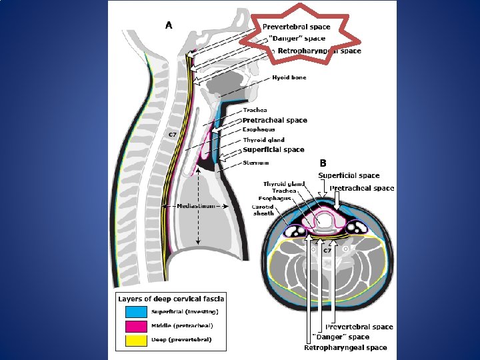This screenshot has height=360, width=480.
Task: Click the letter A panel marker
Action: [169, 25]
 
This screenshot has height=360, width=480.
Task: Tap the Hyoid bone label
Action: [289, 78]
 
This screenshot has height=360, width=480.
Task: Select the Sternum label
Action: [256, 162]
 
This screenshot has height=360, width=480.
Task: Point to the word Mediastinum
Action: [196, 207]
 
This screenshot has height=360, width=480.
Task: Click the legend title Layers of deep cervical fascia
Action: [171, 298]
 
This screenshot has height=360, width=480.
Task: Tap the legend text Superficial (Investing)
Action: [184, 311]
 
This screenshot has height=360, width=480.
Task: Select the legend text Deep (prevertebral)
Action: [182, 339]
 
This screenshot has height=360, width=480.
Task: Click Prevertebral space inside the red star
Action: [301, 27]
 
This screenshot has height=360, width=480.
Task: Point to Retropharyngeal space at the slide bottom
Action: [345, 347]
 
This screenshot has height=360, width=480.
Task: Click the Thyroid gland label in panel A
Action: [264, 140]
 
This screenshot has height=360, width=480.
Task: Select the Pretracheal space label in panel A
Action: [275, 120]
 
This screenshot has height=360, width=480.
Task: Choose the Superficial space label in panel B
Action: [349, 175]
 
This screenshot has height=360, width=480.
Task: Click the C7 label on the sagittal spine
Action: [172, 135]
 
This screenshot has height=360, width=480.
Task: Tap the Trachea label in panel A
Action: [255, 110]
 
